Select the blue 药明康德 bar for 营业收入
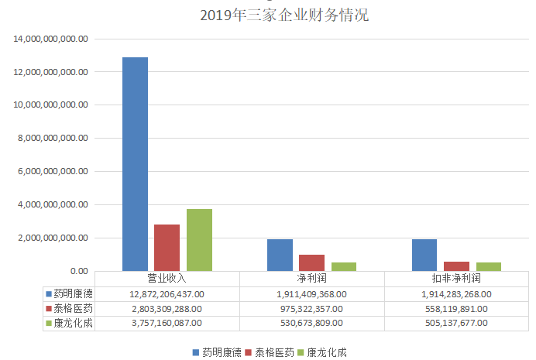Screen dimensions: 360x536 click(x=135, y=164)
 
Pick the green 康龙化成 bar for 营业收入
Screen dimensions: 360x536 click(x=199, y=240)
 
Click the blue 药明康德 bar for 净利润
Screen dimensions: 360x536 click(x=280, y=255)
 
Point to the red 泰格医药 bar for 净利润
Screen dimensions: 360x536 click(x=312, y=262)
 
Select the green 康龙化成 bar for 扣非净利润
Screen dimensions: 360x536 click(x=489, y=267)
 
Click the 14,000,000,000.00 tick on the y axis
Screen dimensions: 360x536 click(x=51, y=38)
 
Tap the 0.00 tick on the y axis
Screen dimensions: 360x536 click(x=78, y=271)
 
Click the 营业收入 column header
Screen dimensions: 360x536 click(x=167, y=278)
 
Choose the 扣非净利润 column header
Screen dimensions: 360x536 click(x=456, y=278)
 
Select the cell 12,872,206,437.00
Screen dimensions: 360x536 click(x=167, y=293)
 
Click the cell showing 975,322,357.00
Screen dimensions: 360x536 click(x=311, y=308)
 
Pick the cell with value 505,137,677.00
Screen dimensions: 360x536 click(x=456, y=323)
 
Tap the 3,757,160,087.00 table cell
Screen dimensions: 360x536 click(x=167, y=323)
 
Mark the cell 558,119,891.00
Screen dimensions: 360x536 click(x=456, y=308)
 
